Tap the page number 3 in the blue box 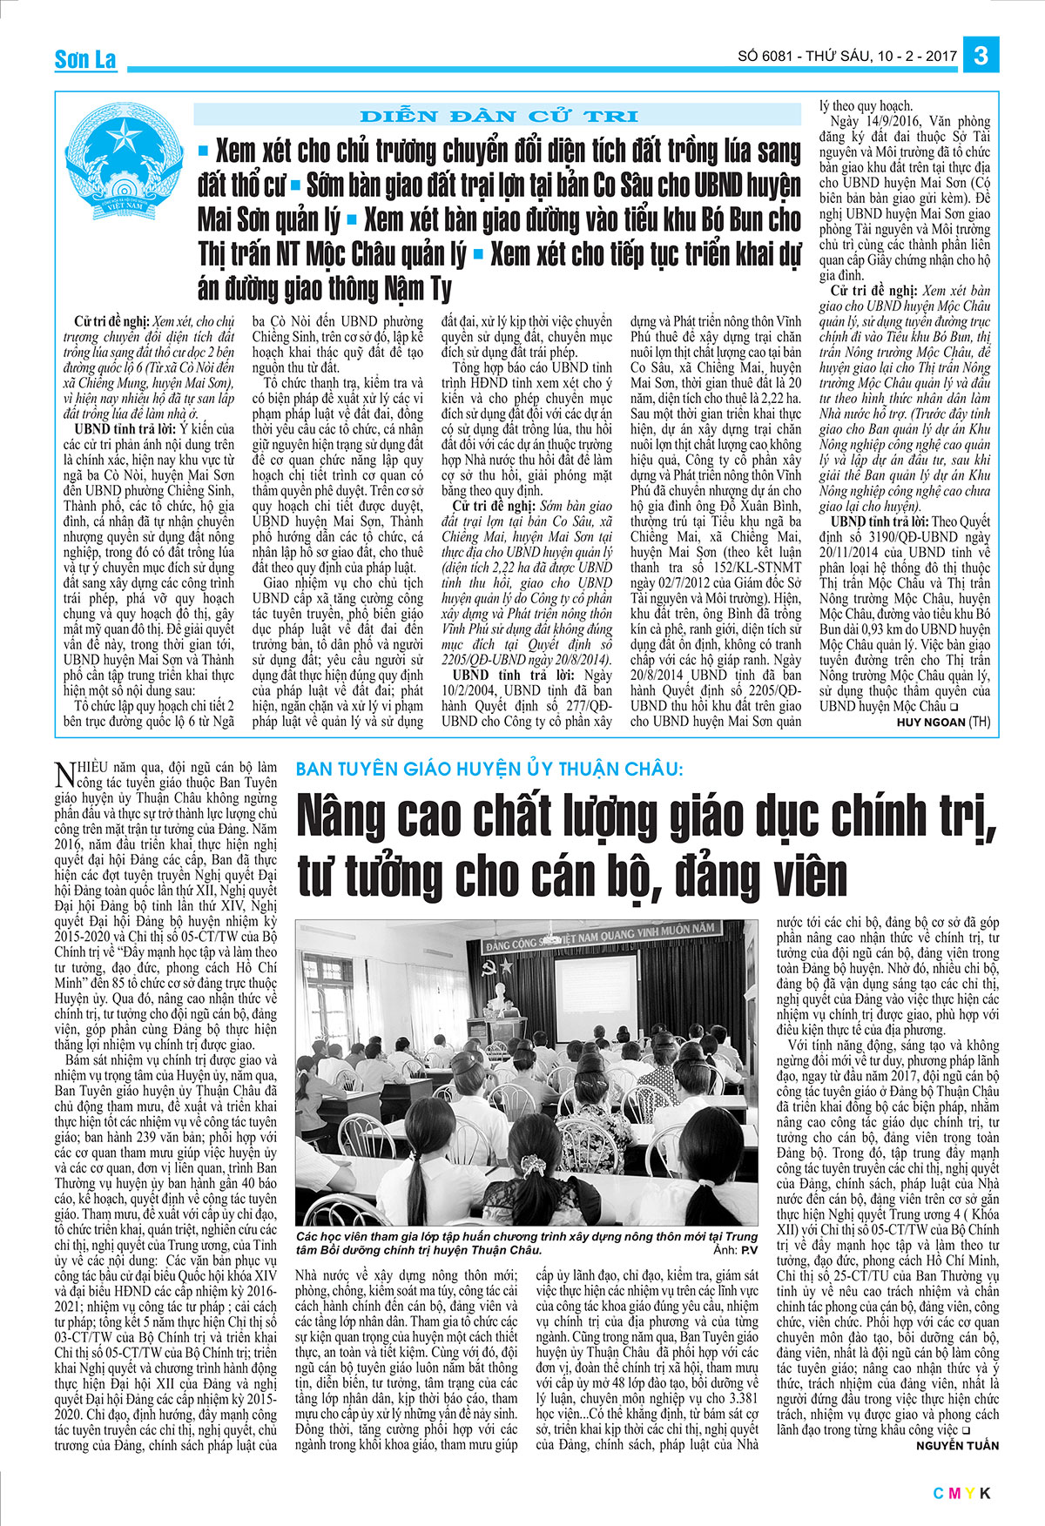(x=981, y=56)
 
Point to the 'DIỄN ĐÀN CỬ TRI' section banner (x=497, y=115)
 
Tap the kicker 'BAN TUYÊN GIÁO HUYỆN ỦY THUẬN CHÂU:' (x=490, y=769)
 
